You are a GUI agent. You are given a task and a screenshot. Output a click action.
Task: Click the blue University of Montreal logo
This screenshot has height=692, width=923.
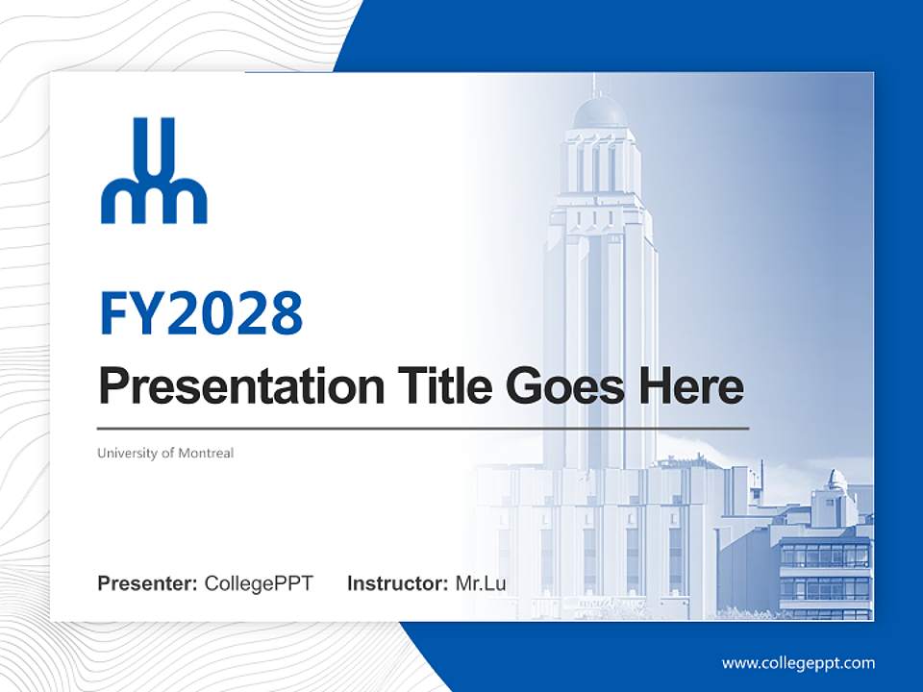(x=154, y=171)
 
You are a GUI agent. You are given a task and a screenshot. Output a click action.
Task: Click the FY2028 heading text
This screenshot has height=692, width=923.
(x=201, y=312)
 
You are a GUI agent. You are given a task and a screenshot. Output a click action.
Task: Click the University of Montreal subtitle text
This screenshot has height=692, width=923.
(x=165, y=453)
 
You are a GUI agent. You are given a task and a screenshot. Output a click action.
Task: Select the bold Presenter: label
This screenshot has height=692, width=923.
(x=148, y=583)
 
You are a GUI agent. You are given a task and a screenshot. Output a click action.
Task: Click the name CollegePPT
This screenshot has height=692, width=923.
(x=259, y=583)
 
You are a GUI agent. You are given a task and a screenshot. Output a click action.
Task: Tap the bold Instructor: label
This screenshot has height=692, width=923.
(x=397, y=583)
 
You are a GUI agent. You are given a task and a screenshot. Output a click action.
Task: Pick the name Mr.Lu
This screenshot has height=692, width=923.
(x=481, y=583)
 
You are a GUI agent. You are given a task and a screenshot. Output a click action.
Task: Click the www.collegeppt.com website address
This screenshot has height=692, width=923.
(x=798, y=663)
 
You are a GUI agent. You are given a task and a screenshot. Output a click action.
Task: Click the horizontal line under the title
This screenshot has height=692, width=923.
(x=423, y=428)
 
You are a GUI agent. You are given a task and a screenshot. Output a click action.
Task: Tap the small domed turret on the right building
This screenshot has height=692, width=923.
(x=837, y=480)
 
